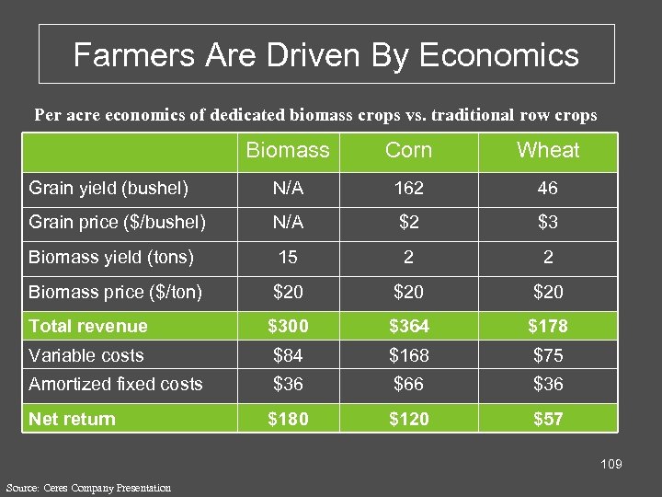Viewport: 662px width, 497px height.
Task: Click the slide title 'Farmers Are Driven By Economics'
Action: pyautogui.click(x=326, y=55)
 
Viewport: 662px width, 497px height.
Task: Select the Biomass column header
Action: pyautogui.click(x=288, y=150)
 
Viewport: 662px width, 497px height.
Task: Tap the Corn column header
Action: pyautogui.click(x=408, y=150)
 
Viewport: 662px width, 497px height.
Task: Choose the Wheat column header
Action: pyautogui.click(x=548, y=150)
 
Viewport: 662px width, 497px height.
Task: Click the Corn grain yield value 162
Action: pyautogui.click(x=408, y=189)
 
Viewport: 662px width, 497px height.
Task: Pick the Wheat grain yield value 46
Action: pyautogui.click(x=548, y=189)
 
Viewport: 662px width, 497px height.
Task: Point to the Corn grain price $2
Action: pyautogui.click(x=408, y=222)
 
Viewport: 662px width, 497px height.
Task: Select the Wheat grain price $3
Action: pyautogui.click(x=548, y=222)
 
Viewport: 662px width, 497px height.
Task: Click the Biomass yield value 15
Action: pyautogui.click(x=288, y=257)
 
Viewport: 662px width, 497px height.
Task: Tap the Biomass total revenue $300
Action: pyautogui.click(x=288, y=326)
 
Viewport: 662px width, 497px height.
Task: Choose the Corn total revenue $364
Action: pyautogui.click(x=408, y=326)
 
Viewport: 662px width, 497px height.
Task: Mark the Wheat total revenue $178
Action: pyautogui.click(x=548, y=326)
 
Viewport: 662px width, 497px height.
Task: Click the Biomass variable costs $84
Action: pyautogui.click(x=288, y=355)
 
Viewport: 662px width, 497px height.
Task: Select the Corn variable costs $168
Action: pyautogui.click(x=408, y=355)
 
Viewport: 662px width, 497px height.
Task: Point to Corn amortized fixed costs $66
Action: pyautogui.click(x=408, y=384)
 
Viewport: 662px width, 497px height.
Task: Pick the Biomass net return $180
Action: pyautogui.click(x=288, y=419)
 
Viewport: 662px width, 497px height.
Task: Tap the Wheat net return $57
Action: pyautogui.click(x=548, y=419)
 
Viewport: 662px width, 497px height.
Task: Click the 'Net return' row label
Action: pyautogui.click(x=73, y=419)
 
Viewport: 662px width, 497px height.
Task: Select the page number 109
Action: pyautogui.click(x=611, y=464)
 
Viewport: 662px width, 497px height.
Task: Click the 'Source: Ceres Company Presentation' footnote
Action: pyautogui.click(x=88, y=487)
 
